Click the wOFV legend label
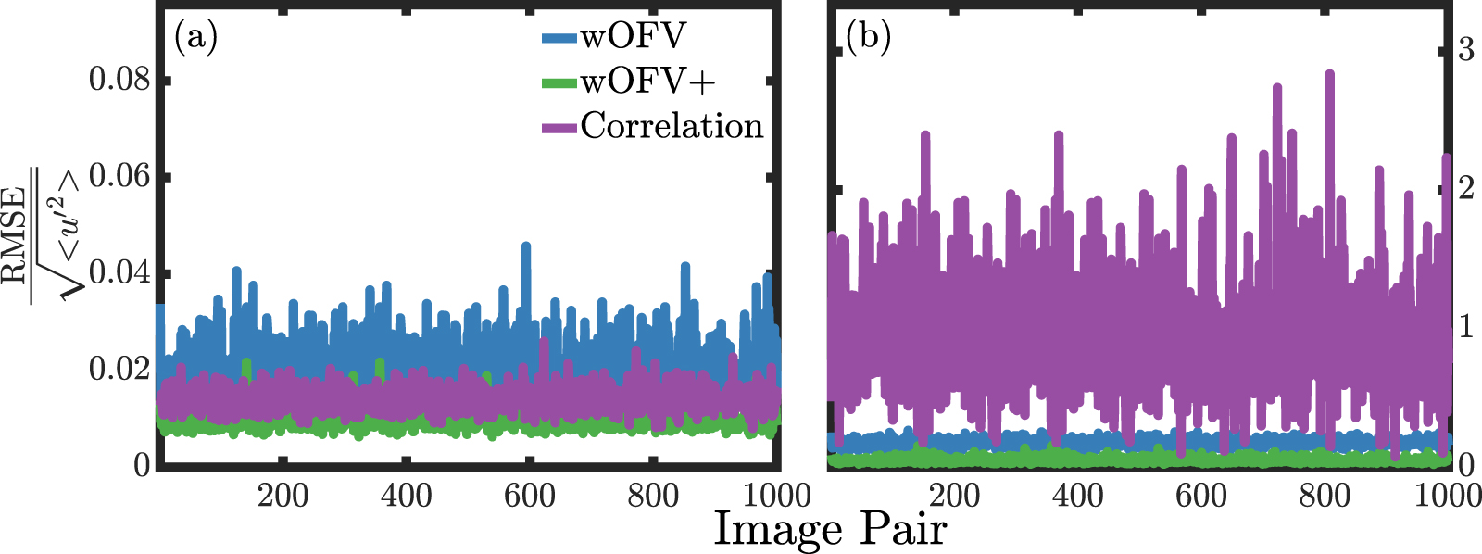click(634, 37)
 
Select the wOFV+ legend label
click(648, 82)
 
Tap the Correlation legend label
click(672, 126)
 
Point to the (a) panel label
click(195, 38)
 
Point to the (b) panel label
click(868, 38)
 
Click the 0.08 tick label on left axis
click(119, 80)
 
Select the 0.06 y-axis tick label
click(119, 176)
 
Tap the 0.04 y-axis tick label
click(119, 273)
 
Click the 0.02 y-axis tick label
click(119, 369)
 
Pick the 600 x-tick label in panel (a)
click(529, 496)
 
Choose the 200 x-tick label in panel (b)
click(954, 496)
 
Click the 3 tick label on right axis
click(1465, 49)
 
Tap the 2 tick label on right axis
click(1465, 188)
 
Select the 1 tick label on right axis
click(1465, 326)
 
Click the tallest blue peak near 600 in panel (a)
click(526, 246)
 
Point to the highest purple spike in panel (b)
click(1330, 73)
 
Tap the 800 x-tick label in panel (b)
click(1325, 496)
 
